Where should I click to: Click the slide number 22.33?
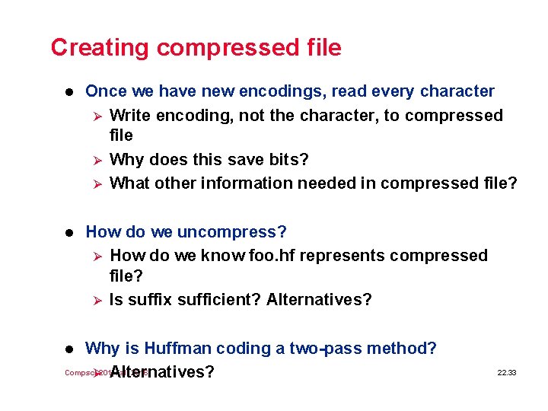[506, 373]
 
